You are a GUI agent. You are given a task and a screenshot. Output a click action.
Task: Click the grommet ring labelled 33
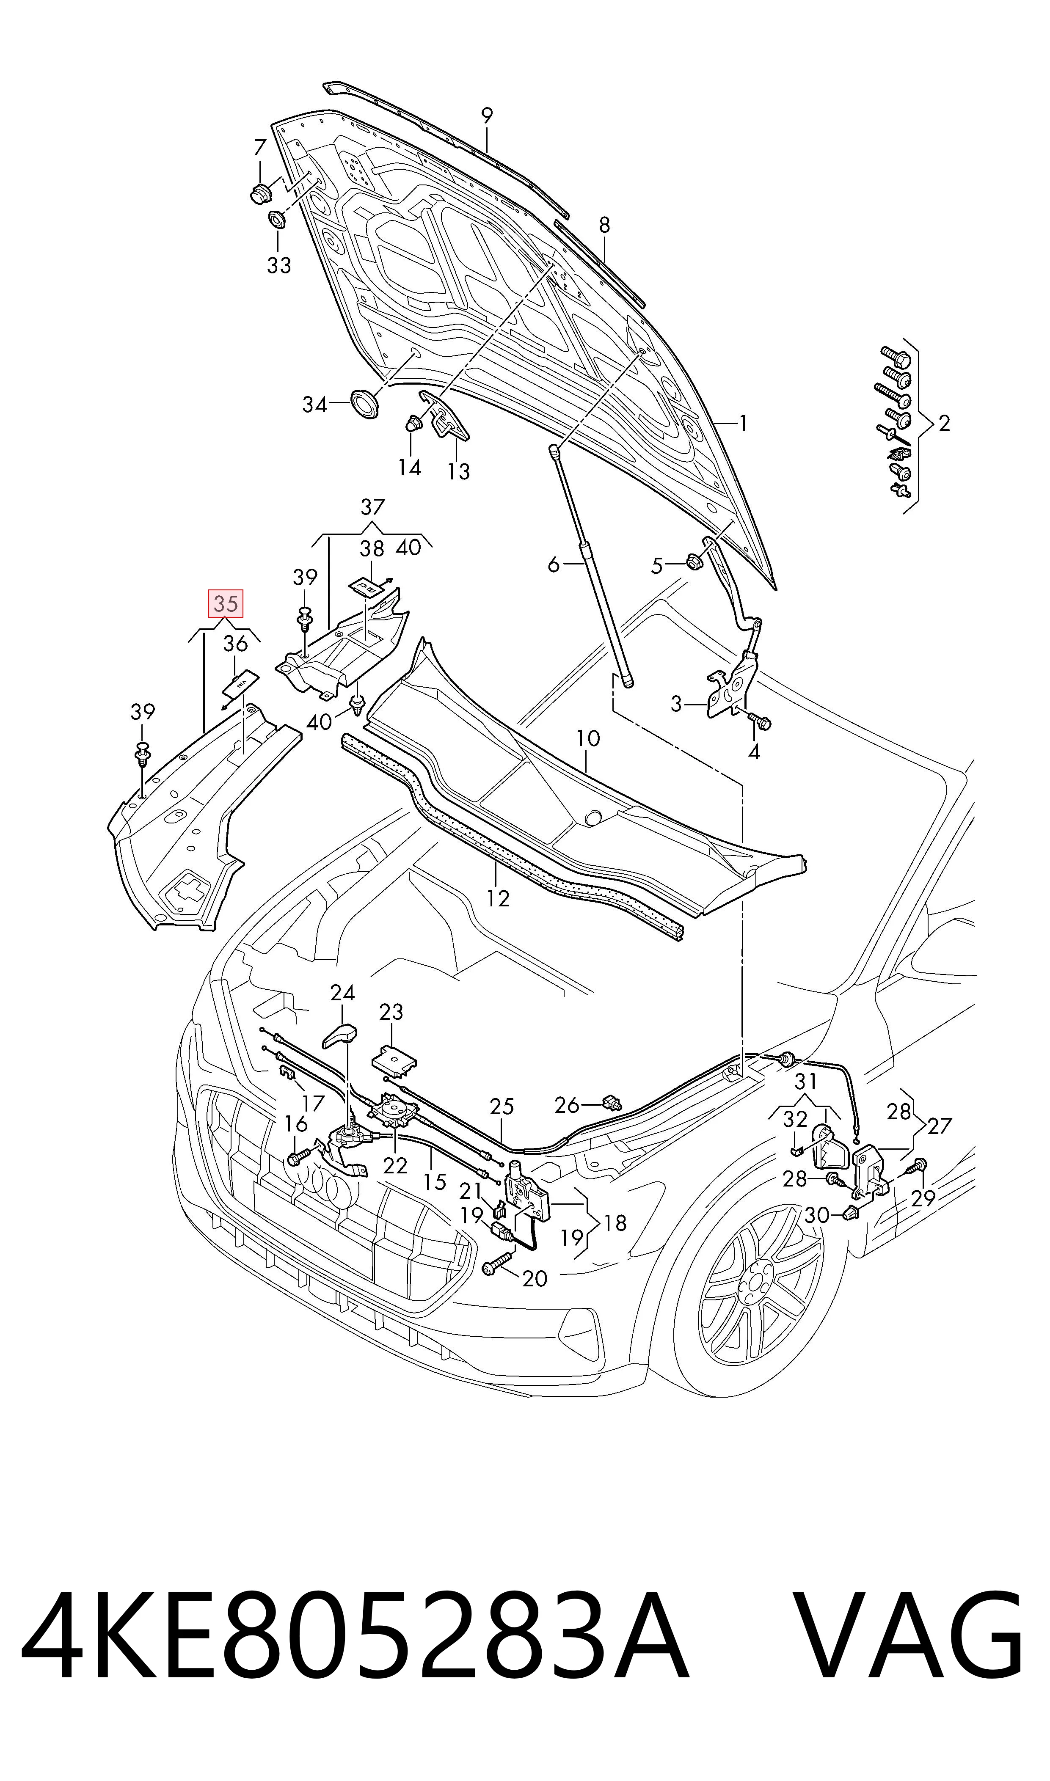pos(276,219)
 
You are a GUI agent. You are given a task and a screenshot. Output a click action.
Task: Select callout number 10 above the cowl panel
pos(588,739)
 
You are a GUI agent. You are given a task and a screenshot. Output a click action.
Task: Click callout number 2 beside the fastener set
pos(944,423)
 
